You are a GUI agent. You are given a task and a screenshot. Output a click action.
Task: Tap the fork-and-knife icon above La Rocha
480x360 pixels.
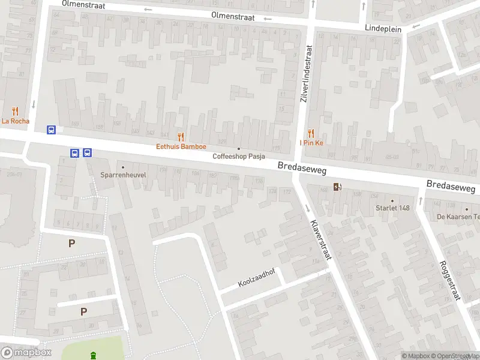(15, 111)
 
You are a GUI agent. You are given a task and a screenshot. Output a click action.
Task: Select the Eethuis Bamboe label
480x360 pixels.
(181, 146)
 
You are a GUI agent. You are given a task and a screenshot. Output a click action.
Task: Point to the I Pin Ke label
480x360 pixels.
(311, 143)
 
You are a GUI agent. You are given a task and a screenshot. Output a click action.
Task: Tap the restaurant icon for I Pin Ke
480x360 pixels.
(311, 133)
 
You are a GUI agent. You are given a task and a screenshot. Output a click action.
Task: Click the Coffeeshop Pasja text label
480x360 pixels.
(239, 157)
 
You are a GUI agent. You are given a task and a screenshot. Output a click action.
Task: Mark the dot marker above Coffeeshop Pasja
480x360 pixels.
(239, 148)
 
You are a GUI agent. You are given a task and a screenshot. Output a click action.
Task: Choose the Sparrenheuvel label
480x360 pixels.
(122, 176)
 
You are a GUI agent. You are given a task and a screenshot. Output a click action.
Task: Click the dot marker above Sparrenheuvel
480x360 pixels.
(123, 167)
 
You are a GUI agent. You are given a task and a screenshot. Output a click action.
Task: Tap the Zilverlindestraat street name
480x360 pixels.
(307, 74)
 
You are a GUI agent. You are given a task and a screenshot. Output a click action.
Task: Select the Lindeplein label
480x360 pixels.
(383, 28)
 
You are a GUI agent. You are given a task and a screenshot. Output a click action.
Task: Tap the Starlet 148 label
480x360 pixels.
(392, 208)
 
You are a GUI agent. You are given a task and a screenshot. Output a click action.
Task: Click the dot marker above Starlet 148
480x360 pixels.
(392, 200)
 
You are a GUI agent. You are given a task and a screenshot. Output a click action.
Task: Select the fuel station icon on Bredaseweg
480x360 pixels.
(338, 187)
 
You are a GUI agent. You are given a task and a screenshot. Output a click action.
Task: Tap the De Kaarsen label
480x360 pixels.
(458, 217)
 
